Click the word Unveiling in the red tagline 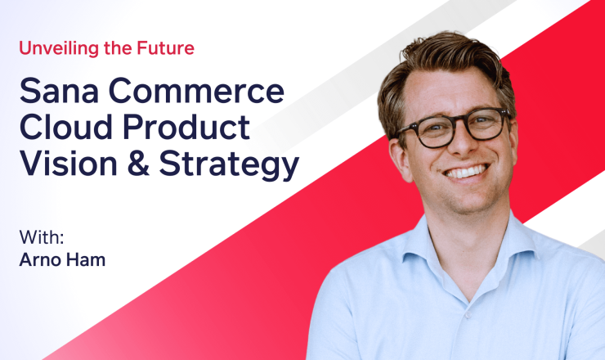(x=59, y=48)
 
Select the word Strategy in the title (x=229, y=164)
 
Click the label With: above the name (x=42, y=237)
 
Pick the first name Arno (x=41, y=259)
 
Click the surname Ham (x=86, y=259)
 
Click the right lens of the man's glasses (x=486, y=124)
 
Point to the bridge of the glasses (x=462, y=123)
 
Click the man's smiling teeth (x=466, y=172)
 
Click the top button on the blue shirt (x=468, y=315)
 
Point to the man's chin (x=472, y=200)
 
